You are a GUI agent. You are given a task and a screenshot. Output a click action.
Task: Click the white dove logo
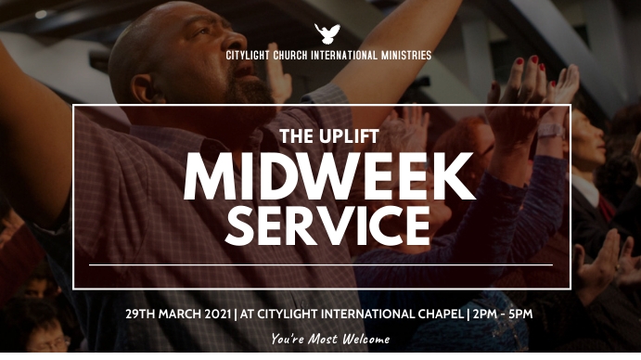pos(327,34)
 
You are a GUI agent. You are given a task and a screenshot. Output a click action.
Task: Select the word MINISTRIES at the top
pos(404,56)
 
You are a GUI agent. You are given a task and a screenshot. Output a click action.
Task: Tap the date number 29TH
pos(140,314)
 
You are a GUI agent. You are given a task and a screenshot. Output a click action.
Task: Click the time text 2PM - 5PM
pos(502,314)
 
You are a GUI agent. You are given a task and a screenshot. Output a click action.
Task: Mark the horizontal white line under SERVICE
pos(321,265)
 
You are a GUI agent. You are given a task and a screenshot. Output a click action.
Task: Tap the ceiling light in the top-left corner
pos(41,14)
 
